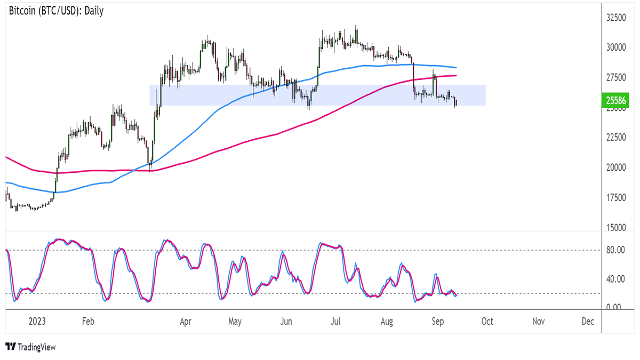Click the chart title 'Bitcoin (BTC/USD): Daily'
[57, 11]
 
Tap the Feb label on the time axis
[88, 322]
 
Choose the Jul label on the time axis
[336, 322]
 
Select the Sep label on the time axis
[437, 322]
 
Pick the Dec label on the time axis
[588, 322]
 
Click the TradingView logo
[30, 347]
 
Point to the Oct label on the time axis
[487, 322]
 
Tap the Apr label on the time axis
[186, 322]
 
